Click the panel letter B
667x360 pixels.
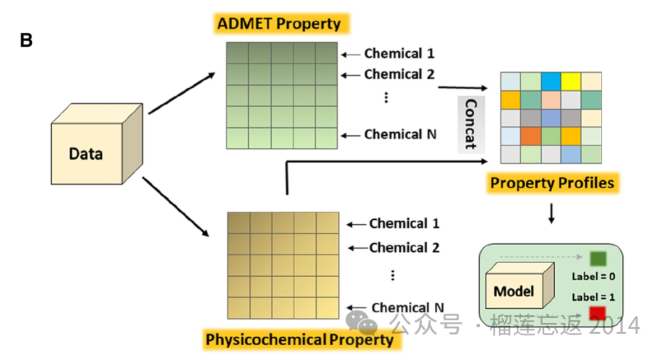tap(27, 40)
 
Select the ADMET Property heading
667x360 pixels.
tap(279, 23)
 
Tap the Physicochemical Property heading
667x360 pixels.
tap(300, 340)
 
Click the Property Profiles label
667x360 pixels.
tap(552, 183)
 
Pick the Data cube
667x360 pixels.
tap(97, 144)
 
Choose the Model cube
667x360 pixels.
tap(520, 285)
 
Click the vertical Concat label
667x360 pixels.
tap(471, 124)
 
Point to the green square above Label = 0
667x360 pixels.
tap(598, 258)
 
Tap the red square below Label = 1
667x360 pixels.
tap(597, 313)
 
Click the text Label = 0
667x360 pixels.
tap(594, 277)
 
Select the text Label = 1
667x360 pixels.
tap(594, 297)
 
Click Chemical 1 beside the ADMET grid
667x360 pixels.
tap(400, 54)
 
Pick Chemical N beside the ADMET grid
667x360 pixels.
tap(400, 135)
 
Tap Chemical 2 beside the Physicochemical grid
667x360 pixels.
tap(404, 248)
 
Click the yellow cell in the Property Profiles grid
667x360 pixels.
tap(571, 82)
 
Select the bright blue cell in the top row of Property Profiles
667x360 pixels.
tap(551, 82)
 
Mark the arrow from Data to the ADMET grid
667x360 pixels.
tap(182, 93)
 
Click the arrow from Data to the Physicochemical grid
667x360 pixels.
tap(175, 207)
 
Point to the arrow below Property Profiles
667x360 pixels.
tap(552, 214)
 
